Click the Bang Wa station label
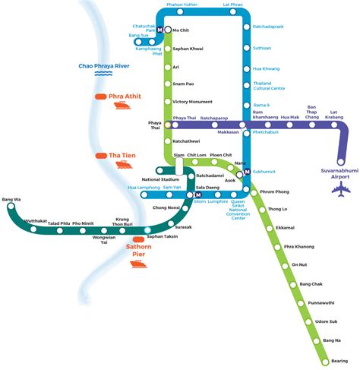tap(11, 200)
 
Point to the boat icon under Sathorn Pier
tap(137, 264)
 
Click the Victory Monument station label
tap(192, 102)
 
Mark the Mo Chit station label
tap(181, 30)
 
